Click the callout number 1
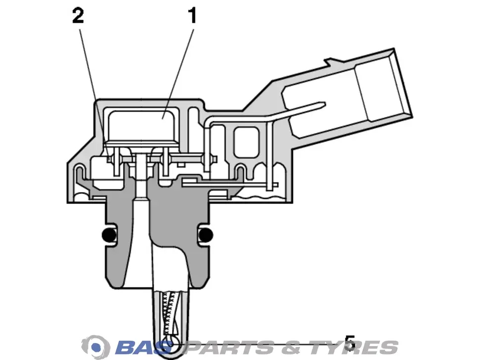(x=192, y=16)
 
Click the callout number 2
(x=78, y=16)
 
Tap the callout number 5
(x=350, y=343)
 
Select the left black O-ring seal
(x=109, y=235)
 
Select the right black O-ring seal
(x=205, y=235)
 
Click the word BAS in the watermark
(x=144, y=348)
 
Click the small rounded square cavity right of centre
(x=246, y=143)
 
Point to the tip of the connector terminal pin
(x=325, y=104)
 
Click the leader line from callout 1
(x=179, y=73)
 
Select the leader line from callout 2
(x=95, y=94)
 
